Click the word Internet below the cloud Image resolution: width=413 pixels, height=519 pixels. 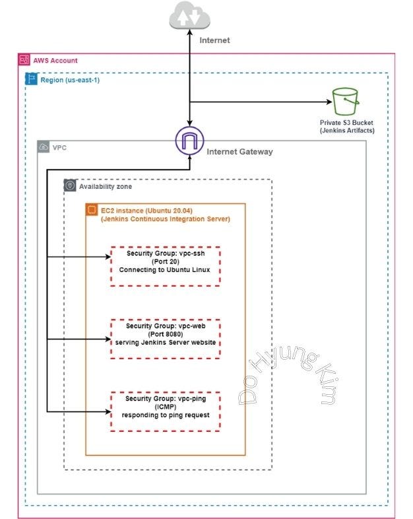(x=214, y=40)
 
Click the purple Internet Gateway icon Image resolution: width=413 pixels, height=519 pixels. (x=189, y=141)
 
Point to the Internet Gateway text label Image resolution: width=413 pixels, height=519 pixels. (x=239, y=152)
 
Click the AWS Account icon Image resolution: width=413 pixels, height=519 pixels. (x=24, y=60)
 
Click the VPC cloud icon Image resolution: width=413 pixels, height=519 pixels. (x=44, y=147)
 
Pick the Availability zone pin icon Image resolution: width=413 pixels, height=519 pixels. (x=70, y=186)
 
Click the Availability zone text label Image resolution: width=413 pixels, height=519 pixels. (x=106, y=187)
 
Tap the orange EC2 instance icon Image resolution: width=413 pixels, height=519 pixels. (x=92, y=210)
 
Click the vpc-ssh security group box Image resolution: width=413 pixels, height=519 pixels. (x=164, y=266)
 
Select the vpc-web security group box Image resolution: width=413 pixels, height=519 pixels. (x=164, y=338)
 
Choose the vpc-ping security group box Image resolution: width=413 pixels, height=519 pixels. (x=164, y=411)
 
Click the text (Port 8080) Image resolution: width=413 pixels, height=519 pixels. (x=164, y=334)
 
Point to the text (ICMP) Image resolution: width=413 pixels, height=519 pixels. (x=164, y=407)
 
